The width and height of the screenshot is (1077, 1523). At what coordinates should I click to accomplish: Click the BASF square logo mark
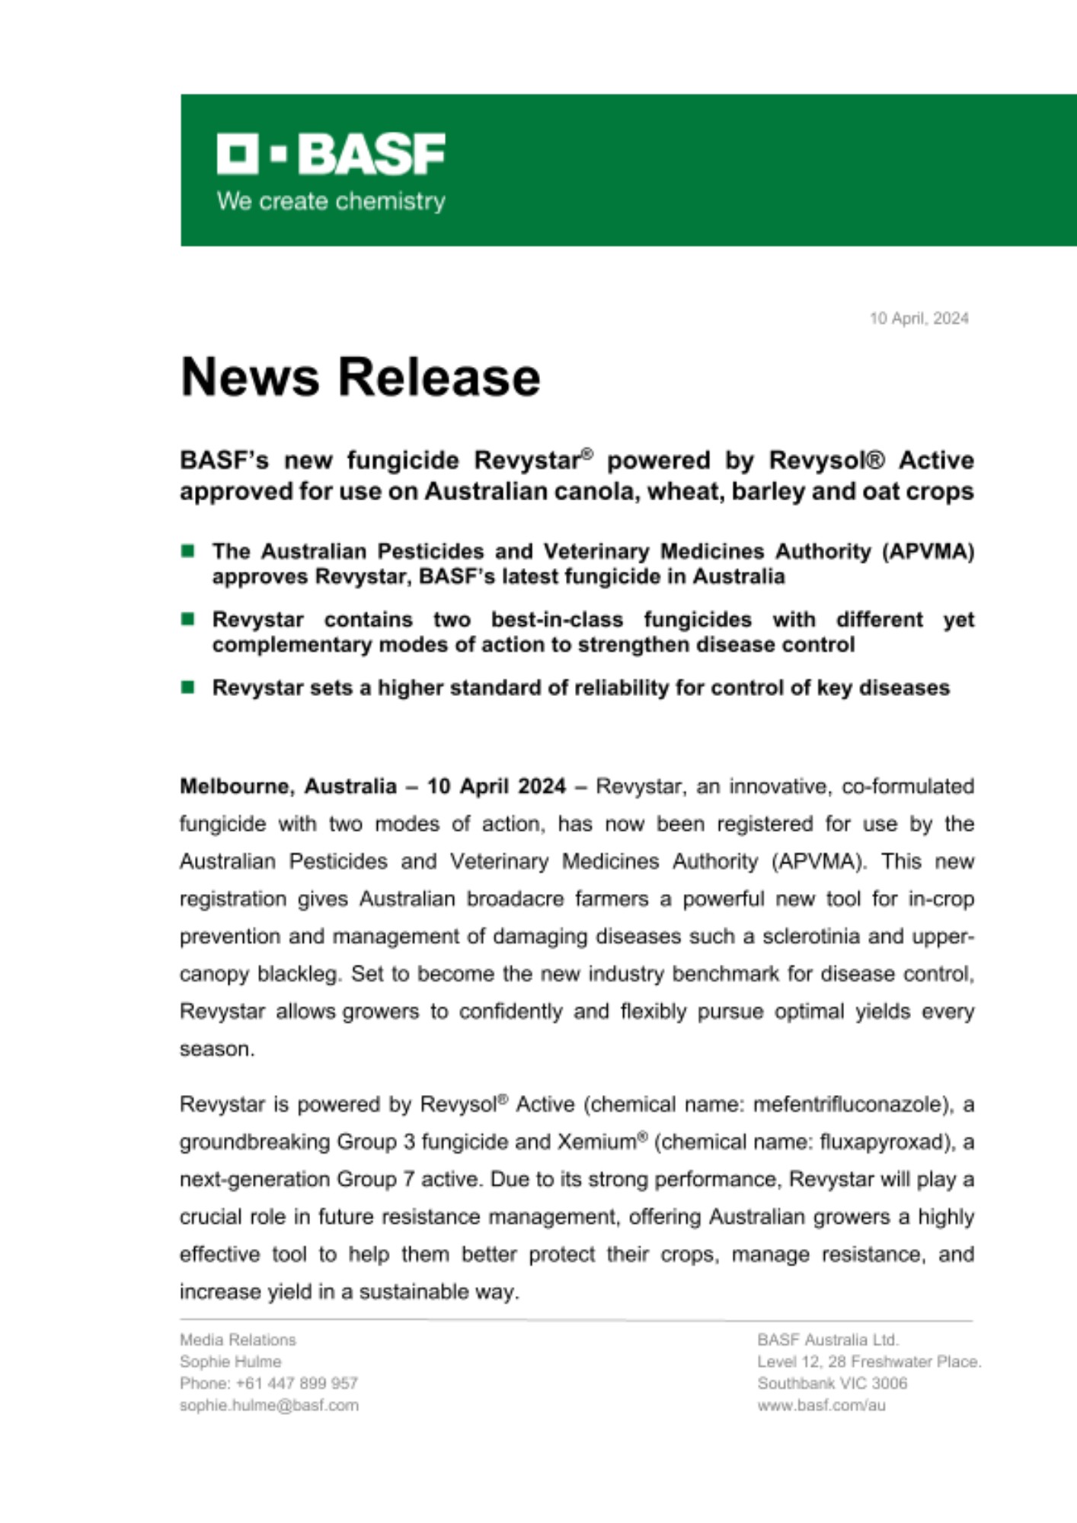point(238,153)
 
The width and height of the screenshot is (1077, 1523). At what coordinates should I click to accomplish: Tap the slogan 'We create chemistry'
point(331,201)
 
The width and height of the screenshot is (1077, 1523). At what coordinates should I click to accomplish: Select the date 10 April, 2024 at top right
point(919,318)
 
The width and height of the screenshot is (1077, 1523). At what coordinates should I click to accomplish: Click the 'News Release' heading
point(360,377)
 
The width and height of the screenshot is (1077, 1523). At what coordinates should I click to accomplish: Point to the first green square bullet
point(188,551)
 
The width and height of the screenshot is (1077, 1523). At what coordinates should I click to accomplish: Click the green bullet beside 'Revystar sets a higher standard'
point(188,688)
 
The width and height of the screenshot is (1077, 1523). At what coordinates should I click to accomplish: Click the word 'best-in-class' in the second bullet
point(557,619)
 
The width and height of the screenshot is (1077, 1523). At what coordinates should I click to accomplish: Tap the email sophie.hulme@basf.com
point(269,1405)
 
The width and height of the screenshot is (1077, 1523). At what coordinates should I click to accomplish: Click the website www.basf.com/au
point(821,1405)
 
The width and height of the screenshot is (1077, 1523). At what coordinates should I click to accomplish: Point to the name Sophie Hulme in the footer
point(230,1362)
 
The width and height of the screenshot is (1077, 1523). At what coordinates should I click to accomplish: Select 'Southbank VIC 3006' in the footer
point(832,1383)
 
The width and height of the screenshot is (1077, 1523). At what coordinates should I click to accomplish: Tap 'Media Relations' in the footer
point(238,1339)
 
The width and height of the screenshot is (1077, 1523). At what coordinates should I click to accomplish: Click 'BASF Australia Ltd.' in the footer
point(828,1339)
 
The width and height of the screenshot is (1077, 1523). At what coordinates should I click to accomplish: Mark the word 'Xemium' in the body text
point(596,1141)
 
